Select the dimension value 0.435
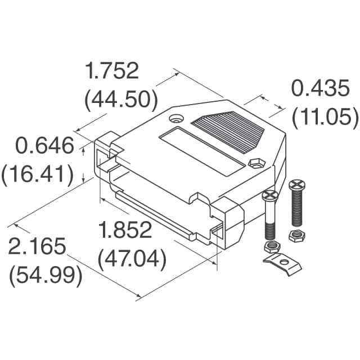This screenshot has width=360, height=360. pyautogui.click(x=318, y=89)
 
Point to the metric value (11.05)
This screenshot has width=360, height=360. pyautogui.click(x=325, y=117)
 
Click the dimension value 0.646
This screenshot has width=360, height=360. pyautogui.click(x=44, y=147)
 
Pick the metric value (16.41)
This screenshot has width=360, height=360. pyautogui.click(x=38, y=175)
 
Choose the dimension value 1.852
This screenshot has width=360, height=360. pyautogui.click(x=125, y=231)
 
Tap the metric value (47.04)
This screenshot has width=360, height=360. pyautogui.click(x=132, y=259)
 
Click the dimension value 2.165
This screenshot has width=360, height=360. pyautogui.click(x=37, y=247)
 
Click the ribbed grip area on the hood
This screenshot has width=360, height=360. pyautogui.click(x=228, y=133)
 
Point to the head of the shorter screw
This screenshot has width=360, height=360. pyautogui.click(x=271, y=196)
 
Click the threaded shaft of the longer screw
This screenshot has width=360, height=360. pyautogui.click(x=296, y=209)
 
